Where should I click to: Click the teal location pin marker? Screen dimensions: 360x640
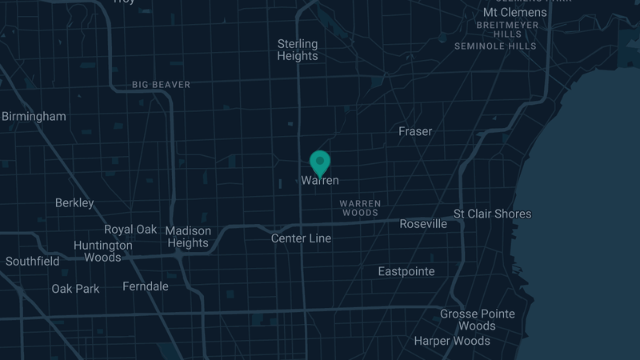tap(320, 162)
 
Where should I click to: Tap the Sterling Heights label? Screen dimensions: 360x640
tap(298, 50)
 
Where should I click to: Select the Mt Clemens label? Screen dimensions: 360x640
tap(515, 12)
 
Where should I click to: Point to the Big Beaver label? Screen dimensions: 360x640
tap(161, 84)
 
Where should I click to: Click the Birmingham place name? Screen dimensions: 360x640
tap(34, 116)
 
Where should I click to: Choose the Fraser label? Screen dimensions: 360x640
tap(415, 131)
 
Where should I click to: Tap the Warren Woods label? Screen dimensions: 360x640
tap(360, 208)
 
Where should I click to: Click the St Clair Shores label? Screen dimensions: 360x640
tap(492, 214)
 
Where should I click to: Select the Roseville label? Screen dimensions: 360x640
tap(423, 224)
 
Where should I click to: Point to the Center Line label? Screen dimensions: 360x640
tap(301, 238)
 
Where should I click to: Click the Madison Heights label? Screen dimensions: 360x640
tap(188, 237)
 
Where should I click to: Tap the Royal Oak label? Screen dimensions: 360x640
tap(130, 230)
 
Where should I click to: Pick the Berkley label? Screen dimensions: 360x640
tap(74, 203)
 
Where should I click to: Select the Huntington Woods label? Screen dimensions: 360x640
tap(103, 251)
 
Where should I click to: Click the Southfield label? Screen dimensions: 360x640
tap(33, 261)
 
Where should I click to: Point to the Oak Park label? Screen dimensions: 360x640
tap(76, 288)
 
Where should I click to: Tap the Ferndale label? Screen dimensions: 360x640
tap(146, 286)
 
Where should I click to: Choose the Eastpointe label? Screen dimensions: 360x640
tap(406, 271)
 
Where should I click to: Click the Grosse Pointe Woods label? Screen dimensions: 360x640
tap(478, 320)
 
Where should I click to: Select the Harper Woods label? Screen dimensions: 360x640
tap(452, 341)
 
